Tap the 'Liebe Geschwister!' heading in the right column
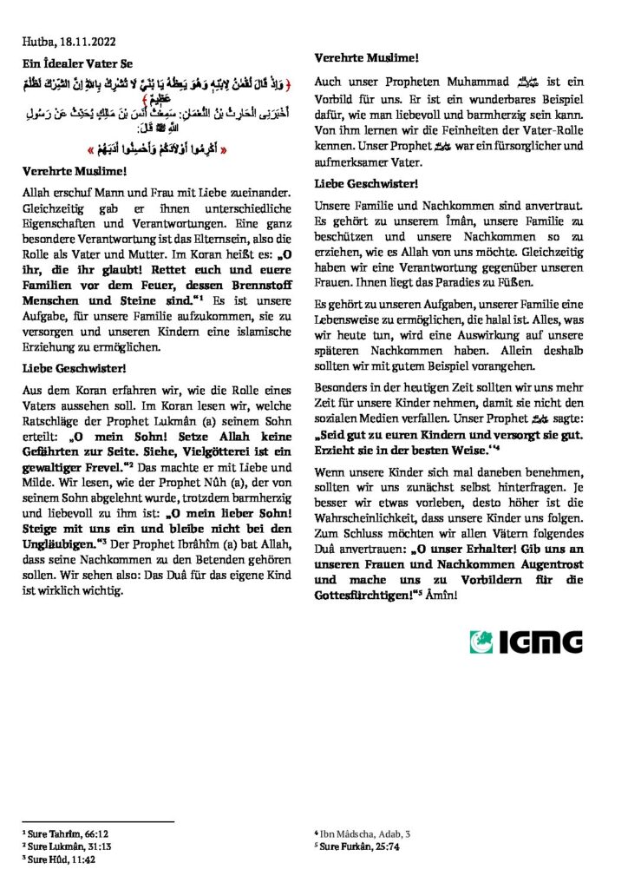coord(366,184)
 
